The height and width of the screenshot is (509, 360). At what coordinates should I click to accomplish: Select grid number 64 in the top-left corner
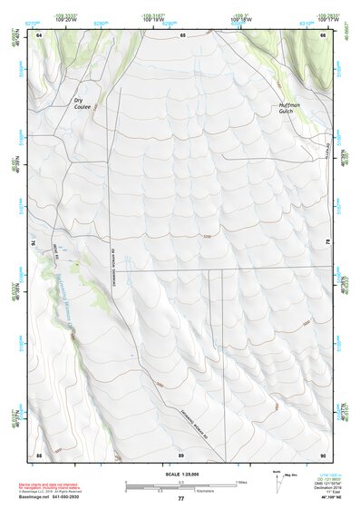(39, 34)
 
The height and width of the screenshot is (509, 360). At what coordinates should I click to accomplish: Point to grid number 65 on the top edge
(182, 34)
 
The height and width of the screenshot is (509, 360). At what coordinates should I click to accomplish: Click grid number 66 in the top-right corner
(324, 34)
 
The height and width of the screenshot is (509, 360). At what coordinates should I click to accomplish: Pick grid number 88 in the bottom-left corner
(39, 454)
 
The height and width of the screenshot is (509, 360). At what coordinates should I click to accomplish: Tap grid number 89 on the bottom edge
(181, 454)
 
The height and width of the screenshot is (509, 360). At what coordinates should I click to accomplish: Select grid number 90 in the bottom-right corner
(324, 454)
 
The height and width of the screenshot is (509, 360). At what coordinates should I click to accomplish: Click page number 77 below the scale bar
(181, 499)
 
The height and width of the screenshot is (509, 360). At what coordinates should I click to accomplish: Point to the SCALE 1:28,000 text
(181, 475)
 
